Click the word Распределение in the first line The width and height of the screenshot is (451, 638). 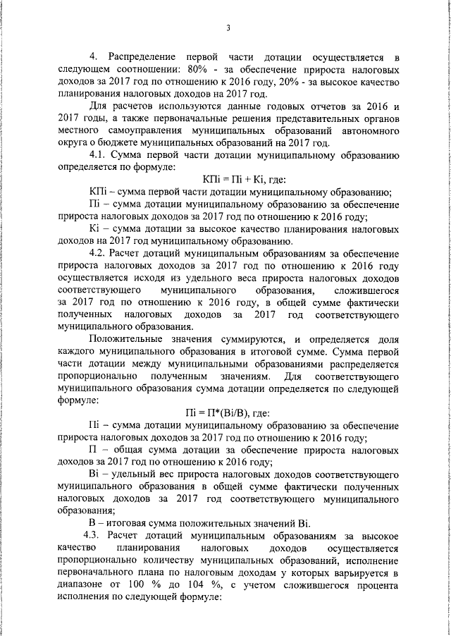(144, 56)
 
